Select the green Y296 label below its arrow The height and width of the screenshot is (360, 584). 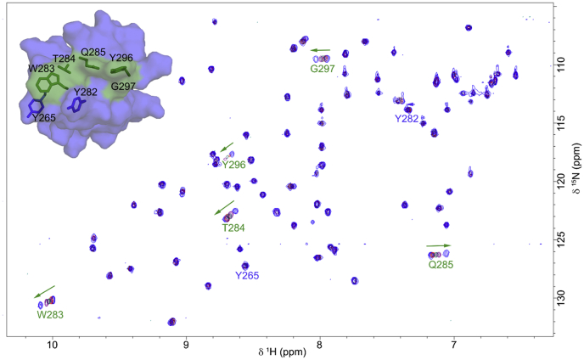point(233,165)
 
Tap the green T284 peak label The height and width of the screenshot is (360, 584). point(234,228)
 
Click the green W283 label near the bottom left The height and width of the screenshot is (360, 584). point(50,314)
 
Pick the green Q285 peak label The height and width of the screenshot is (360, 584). point(441,265)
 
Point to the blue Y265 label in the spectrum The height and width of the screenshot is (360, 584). point(247,275)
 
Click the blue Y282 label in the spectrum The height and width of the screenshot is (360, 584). point(407,119)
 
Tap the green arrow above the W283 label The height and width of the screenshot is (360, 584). point(45,291)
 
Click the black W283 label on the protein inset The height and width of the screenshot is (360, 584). point(42,68)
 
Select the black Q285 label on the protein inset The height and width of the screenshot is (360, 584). point(93,52)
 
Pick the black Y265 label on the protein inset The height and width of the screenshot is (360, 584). point(45,117)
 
